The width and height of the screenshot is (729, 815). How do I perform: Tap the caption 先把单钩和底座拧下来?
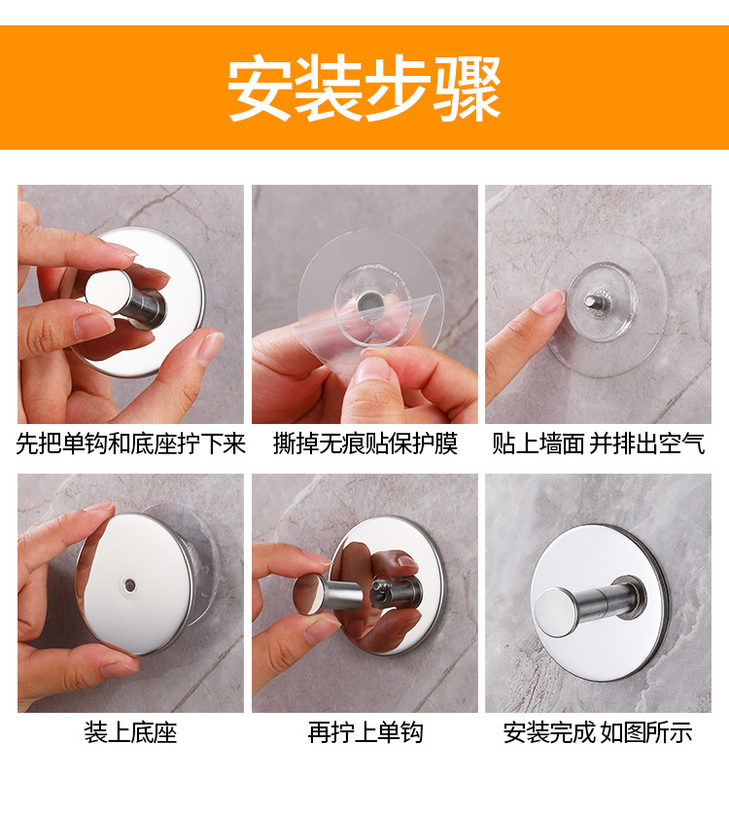(x=130, y=444)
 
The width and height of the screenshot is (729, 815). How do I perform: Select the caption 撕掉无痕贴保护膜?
(x=364, y=444)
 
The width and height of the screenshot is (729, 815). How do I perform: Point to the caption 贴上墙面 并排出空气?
(x=598, y=444)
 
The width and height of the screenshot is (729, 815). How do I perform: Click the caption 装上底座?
(x=130, y=733)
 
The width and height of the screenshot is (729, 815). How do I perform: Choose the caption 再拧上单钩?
(x=364, y=733)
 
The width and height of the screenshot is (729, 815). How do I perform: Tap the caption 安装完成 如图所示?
(x=598, y=733)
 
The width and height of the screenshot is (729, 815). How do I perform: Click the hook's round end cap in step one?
(x=108, y=292)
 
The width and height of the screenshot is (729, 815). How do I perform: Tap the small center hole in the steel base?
(x=129, y=585)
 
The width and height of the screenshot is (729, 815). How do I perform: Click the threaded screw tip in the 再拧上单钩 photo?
(x=380, y=587)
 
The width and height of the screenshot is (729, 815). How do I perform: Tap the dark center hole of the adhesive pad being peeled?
(x=369, y=301)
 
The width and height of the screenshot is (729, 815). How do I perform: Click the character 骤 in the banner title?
(x=468, y=89)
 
